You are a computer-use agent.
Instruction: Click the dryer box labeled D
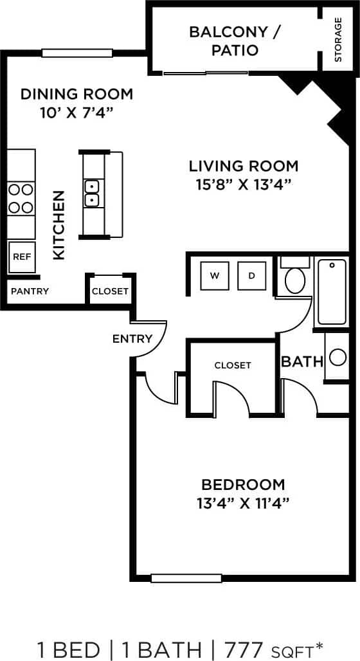(x=252, y=276)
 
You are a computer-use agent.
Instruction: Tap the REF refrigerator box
(x=21, y=257)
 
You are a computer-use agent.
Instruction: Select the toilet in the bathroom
(x=295, y=276)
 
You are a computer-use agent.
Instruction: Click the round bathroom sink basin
(x=336, y=356)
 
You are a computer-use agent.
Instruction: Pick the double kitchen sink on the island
(x=92, y=193)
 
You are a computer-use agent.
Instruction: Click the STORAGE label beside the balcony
(x=338, y=39)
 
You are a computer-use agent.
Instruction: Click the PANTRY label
(x=30, y=291)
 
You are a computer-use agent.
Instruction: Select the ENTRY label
(x=132, y=339)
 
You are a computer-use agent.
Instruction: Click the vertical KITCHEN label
(x=59, y=224)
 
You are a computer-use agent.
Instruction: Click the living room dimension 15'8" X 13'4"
(x=244, y=185)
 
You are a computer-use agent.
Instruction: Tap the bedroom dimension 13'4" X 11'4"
(x=243, y=502)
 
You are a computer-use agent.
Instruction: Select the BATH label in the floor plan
(x=301, y=361)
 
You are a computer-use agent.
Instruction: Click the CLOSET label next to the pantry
(x=110, y=291)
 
